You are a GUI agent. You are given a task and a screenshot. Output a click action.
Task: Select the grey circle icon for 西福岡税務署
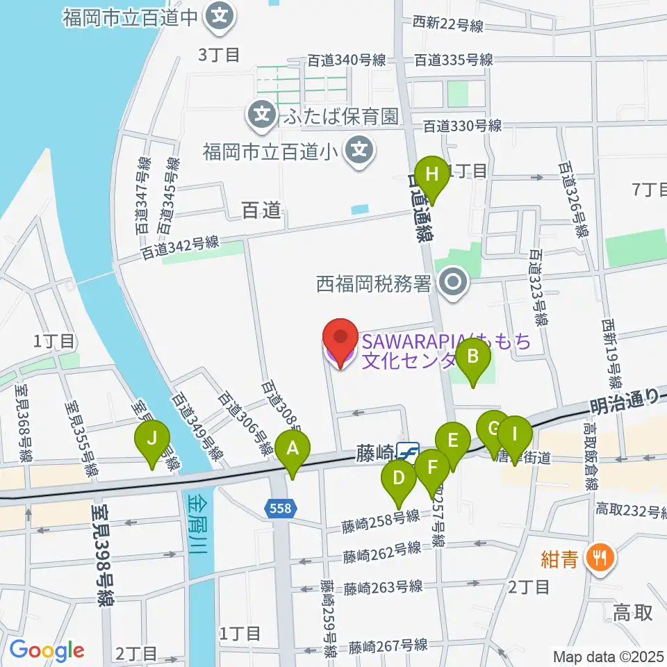[x=455, y=283]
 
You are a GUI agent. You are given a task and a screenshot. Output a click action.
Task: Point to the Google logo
[x=47, y=650]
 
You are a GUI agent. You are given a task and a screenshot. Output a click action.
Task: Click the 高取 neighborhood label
[x=633, y=613]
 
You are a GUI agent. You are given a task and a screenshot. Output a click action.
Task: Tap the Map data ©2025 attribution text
[x=607, y=656]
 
